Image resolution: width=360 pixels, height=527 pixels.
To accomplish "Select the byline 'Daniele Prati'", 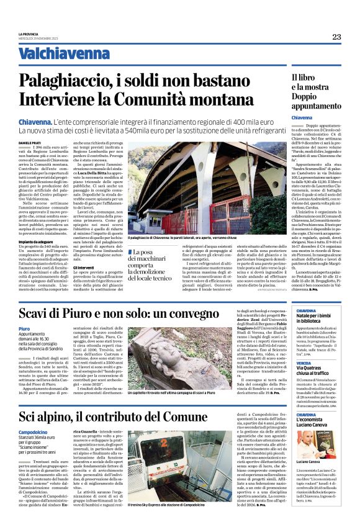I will [29, 143].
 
